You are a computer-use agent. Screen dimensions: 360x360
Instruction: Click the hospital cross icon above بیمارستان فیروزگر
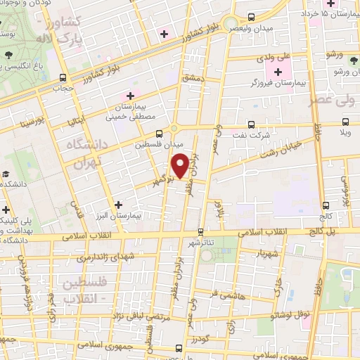(x=278, y=72)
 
